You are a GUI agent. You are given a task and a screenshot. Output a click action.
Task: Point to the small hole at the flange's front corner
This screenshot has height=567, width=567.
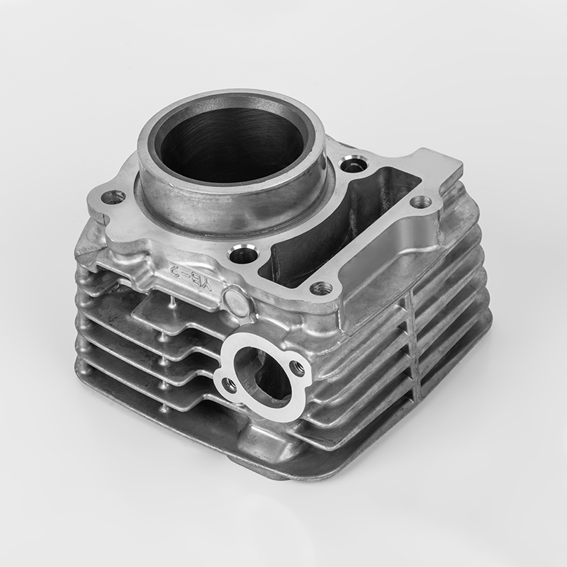point(320,288)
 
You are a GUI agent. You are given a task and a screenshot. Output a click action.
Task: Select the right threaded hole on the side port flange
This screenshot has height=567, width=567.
point(297,366)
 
